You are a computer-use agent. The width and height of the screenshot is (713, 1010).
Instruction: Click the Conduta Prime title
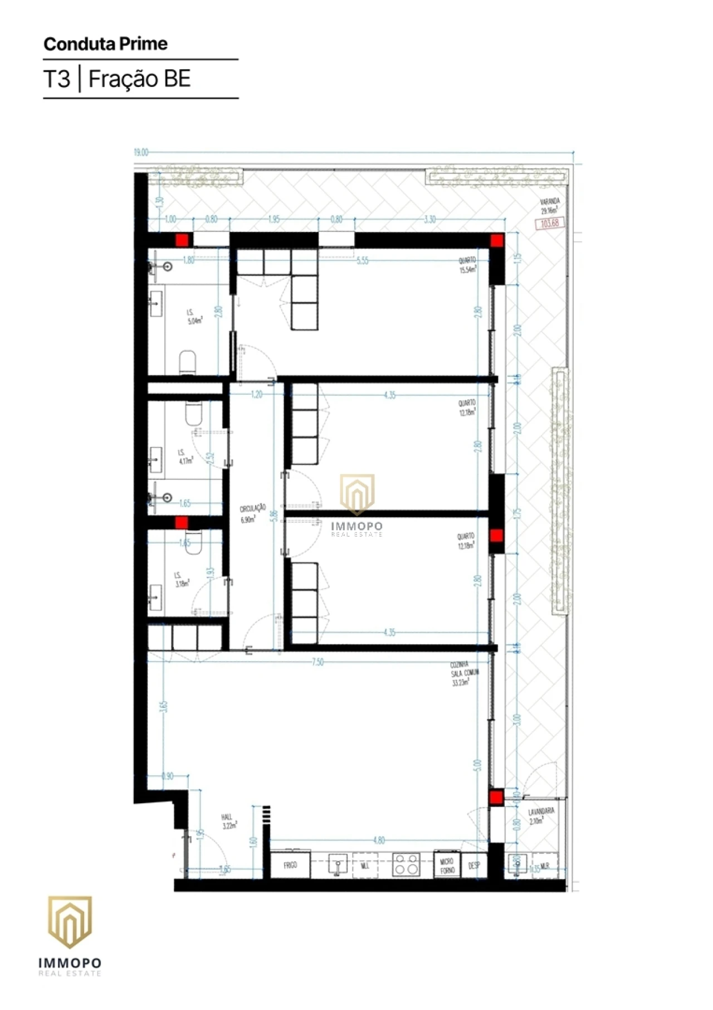click(105, 44)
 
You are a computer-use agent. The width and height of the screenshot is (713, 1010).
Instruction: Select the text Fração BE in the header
click(139, 79)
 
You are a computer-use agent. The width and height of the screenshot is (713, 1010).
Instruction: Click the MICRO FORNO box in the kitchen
click(447, 866)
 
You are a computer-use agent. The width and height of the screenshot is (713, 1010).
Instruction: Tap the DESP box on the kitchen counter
click(474, 866)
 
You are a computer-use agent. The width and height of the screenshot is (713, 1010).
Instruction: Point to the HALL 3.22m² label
click(228, 822)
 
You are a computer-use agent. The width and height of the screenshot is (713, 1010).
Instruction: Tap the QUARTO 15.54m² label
click(467, 265)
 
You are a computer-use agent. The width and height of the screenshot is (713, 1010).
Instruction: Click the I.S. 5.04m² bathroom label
click(194, 317)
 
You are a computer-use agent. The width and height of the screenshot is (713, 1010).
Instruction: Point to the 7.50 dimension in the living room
click(318, 662)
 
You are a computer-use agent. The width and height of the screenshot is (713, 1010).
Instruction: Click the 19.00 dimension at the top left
click(141, 152)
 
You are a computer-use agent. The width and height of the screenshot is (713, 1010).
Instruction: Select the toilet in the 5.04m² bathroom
click(188, 362)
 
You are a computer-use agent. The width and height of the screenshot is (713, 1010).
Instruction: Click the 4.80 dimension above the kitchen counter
click(379, 841)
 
